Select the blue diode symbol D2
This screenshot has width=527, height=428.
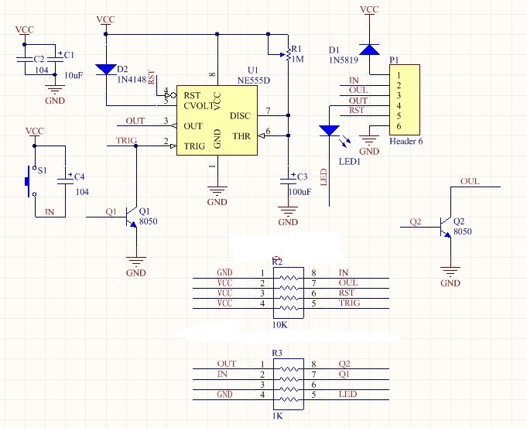click(106, 68)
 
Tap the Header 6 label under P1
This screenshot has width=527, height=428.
click(407, 141)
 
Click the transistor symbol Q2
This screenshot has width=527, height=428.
click(444, 226)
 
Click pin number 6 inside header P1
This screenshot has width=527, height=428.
click(399, 126)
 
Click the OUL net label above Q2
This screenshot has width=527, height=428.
click(470, 182)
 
